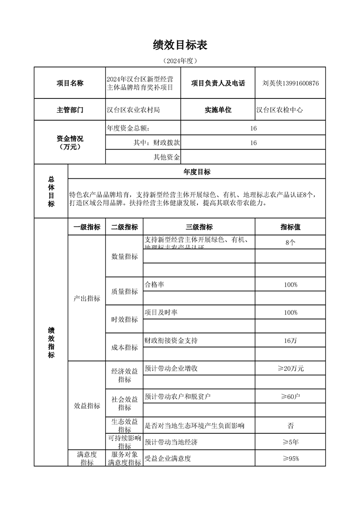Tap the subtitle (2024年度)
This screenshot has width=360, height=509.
tap(180, 60)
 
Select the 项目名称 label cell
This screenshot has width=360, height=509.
tap(70, 83)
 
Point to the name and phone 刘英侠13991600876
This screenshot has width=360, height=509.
tap(291, 83)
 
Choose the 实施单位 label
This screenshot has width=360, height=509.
tap(218, 110)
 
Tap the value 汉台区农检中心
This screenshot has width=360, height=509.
tap(280, 110)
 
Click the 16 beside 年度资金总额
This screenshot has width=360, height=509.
tap(253, 128)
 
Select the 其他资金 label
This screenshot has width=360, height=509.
tap(167, 157)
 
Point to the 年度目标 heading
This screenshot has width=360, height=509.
tap(197, 171)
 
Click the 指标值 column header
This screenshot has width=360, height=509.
tap(290, 227)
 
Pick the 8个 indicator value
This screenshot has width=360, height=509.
tap(290, 242)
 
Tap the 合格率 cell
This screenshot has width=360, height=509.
tap(154, 284)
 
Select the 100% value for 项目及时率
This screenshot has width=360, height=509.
tap(290, 313)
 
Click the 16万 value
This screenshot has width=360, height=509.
tap(290, 340)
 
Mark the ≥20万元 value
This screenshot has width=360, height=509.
tap(290, 368)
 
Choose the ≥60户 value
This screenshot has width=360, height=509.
tap(290, 396)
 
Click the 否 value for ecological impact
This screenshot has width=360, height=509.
tap(290, 426)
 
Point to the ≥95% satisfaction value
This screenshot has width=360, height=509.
tap(290, 458)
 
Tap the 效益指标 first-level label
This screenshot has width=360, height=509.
tap(87, 406)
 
